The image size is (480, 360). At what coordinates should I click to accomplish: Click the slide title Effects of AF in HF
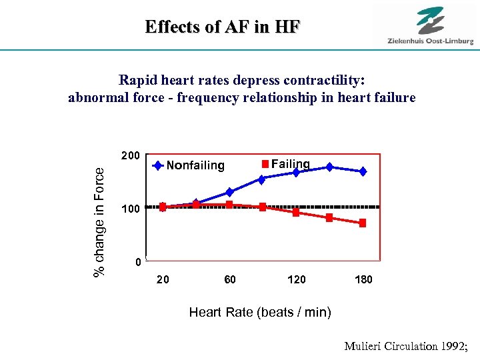click(223, 27)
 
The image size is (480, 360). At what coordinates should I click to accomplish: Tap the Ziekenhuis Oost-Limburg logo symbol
click(430, 20)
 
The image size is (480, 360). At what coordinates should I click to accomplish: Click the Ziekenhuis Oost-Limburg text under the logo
click(430, 41)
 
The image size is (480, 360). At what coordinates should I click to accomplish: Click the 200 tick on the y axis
click(131, 156)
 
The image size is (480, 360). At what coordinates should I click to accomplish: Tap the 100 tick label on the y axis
click(131, 209)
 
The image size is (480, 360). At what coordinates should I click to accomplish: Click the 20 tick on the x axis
click(163, 279)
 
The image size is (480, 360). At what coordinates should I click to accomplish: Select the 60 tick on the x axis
click(229, 279)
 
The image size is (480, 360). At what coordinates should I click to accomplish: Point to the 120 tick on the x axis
click(296, 279)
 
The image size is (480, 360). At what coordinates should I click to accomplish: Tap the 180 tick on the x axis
click(363, 279)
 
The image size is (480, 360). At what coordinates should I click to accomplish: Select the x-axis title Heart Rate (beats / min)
click(260, 312)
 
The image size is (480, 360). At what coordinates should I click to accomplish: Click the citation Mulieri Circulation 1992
click(408, 346)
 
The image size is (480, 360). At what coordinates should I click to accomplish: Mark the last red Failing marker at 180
click(363, 223)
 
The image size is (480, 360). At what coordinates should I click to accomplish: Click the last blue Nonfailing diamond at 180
click(363, 171)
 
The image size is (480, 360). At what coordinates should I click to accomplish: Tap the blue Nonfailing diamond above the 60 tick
click(229, 192)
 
